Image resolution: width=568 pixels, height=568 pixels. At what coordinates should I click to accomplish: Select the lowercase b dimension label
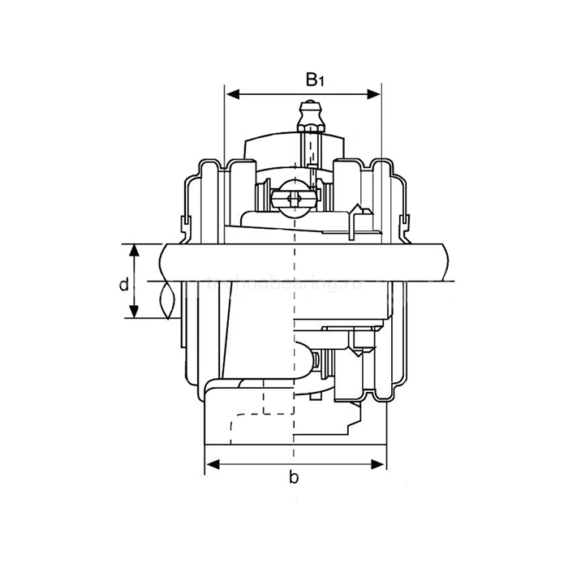pos(294,477)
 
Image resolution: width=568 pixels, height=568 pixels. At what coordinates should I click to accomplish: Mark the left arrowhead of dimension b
pos(211,464)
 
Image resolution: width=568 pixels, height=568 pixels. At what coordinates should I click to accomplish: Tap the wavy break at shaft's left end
pos(167,300)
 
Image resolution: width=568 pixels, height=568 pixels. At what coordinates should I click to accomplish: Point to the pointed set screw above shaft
pos(358,217)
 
